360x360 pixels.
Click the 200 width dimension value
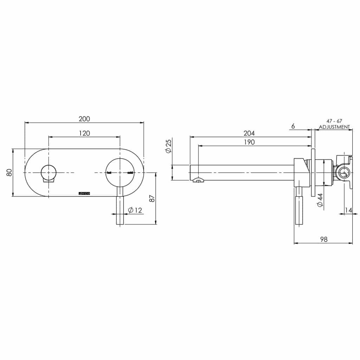pos(84,119)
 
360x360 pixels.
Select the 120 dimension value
pos(84,133)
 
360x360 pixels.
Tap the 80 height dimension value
pos(9,173)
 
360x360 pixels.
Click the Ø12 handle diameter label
pos(135,210)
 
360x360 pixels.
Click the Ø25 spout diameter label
pos(168,146)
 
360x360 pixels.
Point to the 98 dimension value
pos(323,239)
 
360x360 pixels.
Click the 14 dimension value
pos(348,210)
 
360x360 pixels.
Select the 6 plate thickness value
pos(293,126)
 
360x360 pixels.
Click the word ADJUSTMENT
pos(334,127)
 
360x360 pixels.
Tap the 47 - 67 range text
pos(334,121)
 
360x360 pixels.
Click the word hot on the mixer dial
pos(109,173)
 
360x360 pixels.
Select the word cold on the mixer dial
pos(130,173)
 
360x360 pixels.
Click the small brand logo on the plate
pos(84,193)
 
